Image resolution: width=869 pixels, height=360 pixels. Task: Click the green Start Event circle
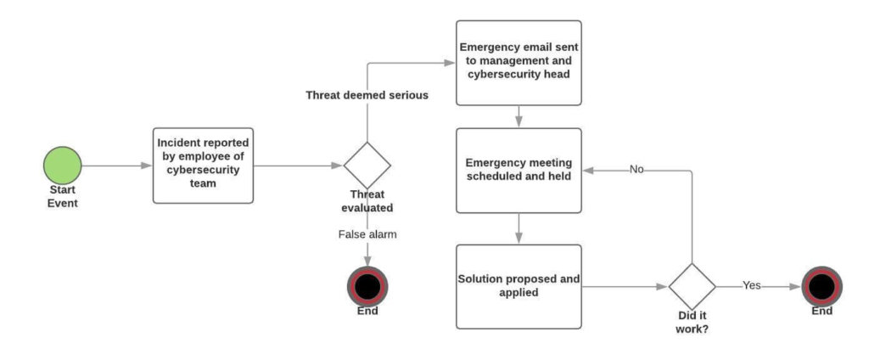point(62,165)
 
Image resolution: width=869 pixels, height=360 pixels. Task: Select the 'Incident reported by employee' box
point(203,165)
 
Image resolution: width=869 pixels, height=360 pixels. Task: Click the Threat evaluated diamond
point(367,165)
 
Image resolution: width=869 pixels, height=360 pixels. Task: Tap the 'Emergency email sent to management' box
point(519,63)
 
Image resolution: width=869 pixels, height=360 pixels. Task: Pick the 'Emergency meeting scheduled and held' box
point(519,170)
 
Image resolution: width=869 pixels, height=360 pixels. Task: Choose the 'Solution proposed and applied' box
point(519,286)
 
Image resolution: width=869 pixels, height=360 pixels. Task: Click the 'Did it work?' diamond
point(692,286)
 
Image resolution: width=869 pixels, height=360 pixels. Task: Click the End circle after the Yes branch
point(821,286)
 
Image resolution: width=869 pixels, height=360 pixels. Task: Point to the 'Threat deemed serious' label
point(367,95)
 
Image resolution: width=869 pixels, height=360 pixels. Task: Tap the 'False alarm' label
point(367,233)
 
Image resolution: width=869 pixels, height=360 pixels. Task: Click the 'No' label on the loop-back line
point(636,169)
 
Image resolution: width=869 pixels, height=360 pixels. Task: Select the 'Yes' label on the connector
point(752,286)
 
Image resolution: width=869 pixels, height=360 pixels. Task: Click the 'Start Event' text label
point(62,196)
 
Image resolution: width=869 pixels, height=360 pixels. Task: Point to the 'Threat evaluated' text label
point(367,201)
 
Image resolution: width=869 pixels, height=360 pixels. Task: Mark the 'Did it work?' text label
point(692,323)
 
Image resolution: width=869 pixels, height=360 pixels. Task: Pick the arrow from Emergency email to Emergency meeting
point(519,116)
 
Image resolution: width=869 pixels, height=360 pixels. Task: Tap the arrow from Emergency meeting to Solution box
point(519,228)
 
